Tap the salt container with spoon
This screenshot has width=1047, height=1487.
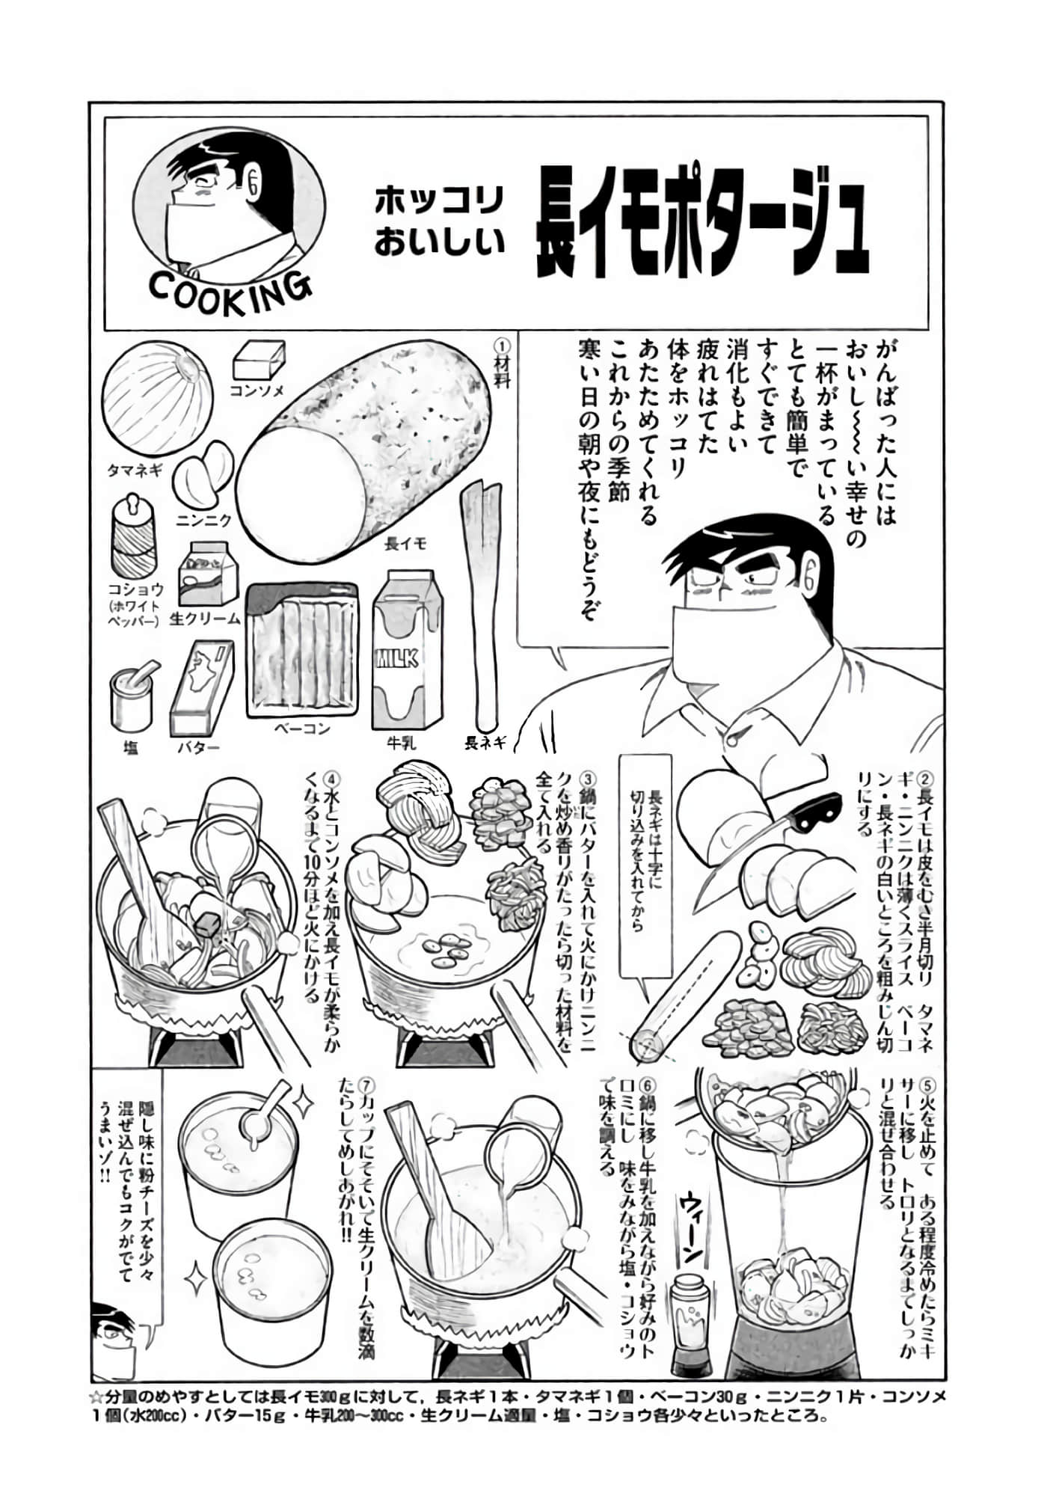[x=132, y=696]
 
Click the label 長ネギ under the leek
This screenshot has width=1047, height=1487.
[x=485, y=743]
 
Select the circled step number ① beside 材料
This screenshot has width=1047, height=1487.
[x=502, y=347]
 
